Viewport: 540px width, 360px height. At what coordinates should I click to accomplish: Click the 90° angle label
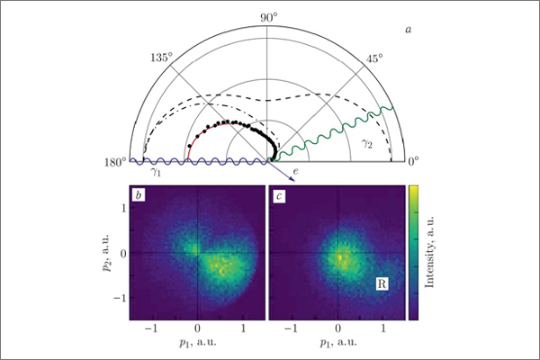tap(269, 18)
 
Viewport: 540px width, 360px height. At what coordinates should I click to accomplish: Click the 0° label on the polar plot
tap(415, 162)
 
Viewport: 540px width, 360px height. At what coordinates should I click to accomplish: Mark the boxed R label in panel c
tap(382, 284)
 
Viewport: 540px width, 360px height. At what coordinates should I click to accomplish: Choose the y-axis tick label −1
tap(119, 299)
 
